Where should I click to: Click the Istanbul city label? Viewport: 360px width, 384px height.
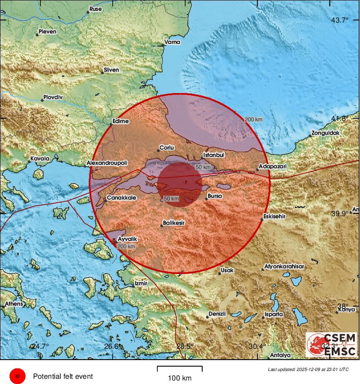[214, 155]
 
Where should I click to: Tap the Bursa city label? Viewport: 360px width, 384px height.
[215, 196]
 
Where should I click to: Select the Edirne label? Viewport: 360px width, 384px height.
[120, 121]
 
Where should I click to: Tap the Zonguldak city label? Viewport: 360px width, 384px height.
[326, 133]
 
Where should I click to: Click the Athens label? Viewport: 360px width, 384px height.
[13, 304]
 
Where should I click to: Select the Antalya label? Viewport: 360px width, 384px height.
[280, 355]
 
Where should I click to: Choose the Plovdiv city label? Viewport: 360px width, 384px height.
[53, 97]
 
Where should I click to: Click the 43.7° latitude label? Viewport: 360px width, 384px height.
[340, 20]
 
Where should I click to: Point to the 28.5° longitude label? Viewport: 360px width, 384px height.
[185, 346]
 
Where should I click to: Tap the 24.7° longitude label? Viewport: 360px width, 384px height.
[40, 346]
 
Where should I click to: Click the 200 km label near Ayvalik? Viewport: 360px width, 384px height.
[126, 247]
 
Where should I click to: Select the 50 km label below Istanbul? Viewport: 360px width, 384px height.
[203, 167]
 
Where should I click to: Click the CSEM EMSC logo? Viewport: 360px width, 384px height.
[331, 344]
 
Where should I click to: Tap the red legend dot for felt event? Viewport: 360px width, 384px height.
[17, 376]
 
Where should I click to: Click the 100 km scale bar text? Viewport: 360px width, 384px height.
[180, 378]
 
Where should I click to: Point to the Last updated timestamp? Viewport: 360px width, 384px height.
[308, 369]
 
